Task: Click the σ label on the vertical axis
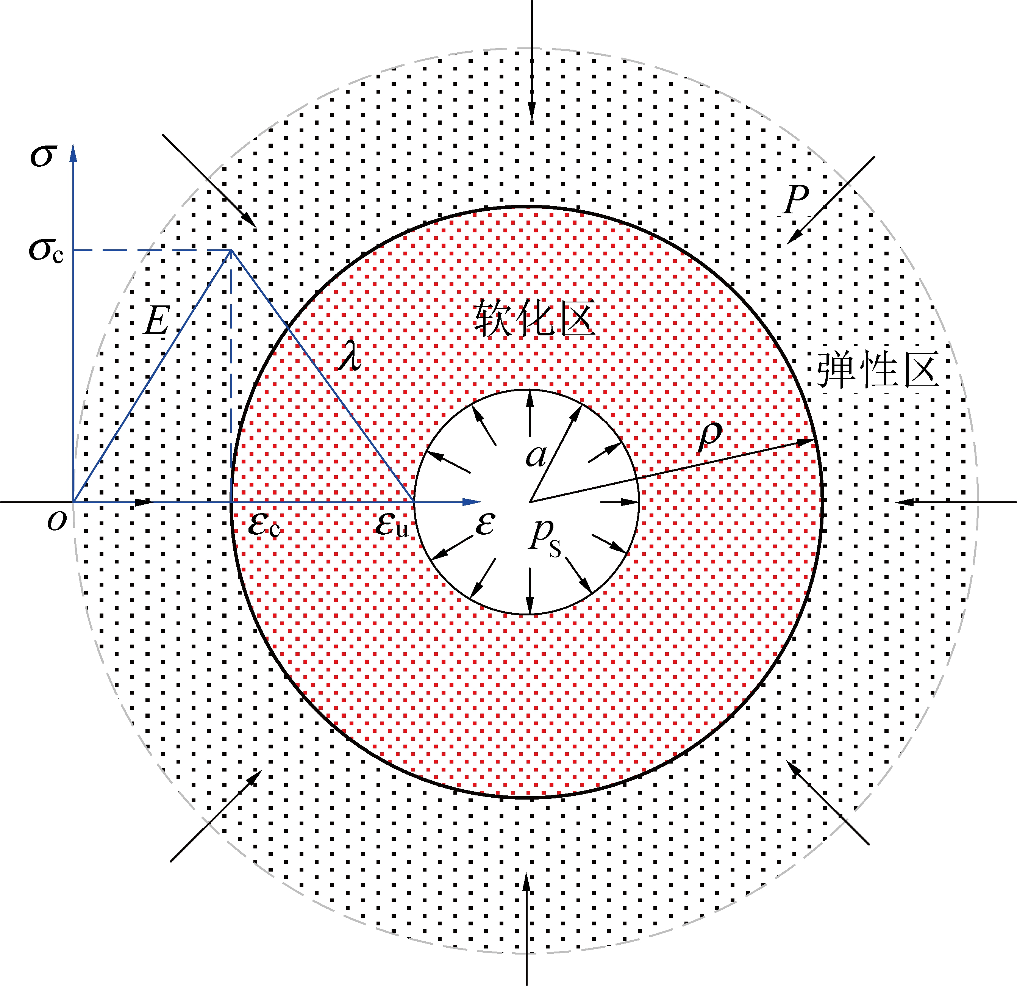[x=42, y=155]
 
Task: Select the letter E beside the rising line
[x=157, y=320]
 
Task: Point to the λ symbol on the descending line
[x=351, y=355]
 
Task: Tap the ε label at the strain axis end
[x=485, y=524]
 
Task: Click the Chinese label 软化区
[x=534, y=318]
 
